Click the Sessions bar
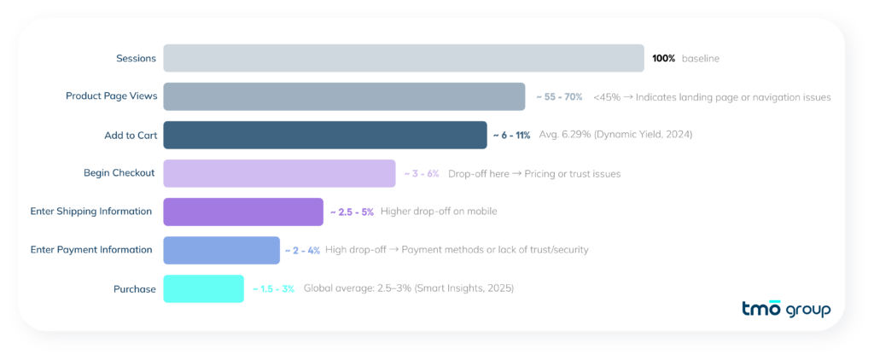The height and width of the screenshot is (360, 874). coord(403,58)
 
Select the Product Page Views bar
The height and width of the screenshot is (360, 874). coord(344,96)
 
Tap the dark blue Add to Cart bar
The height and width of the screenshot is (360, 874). coord(324,135)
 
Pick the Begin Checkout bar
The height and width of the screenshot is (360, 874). coord(279,173)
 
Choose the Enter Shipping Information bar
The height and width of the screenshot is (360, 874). coord(243,212)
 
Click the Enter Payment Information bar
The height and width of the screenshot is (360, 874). coord(221,250)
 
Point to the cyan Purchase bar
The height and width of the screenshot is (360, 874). coord(203,288)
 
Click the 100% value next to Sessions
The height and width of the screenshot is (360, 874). coord(663,58)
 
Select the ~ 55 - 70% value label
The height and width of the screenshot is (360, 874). coord(559,97)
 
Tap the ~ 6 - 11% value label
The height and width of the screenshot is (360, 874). coord(511,135)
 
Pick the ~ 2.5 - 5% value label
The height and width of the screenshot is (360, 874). coord(352,212)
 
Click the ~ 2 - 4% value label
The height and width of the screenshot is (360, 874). coord(303,250)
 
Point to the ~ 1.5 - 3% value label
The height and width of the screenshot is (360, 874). coord(273,289)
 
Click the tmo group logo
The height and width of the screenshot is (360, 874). coord(787,308)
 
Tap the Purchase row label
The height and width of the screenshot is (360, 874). coord(135,289)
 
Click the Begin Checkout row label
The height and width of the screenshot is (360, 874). coord(119,173)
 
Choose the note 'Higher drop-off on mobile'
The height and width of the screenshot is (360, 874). coord(439,212)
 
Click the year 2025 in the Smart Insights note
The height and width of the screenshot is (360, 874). coord(497,289)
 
